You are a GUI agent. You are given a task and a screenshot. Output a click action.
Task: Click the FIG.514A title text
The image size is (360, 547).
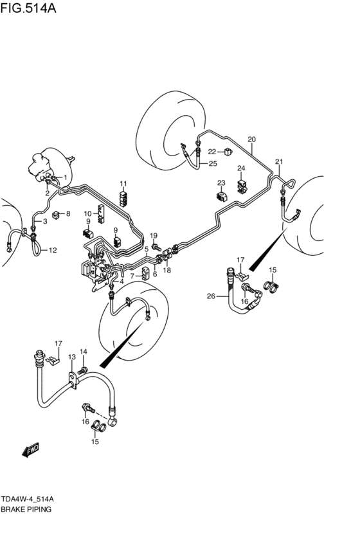(x=28, y=8)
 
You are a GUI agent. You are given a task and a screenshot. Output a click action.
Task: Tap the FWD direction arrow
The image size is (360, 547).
(x=30, y=450)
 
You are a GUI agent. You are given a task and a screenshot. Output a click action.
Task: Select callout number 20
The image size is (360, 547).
(x=251, y=139)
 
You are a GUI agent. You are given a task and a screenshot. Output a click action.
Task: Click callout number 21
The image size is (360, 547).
(x=279, y=161)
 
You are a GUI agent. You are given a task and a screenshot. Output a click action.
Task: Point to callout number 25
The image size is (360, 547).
(x=213, y=163)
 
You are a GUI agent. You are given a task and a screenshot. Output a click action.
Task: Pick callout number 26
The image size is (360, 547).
(x=211, y=296)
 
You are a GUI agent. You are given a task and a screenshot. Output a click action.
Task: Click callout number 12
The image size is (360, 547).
(x=53, y=250)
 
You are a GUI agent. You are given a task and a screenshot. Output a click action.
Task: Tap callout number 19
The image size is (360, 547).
(x=154, y=236)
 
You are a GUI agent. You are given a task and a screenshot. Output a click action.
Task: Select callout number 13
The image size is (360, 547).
(x=71, y=357)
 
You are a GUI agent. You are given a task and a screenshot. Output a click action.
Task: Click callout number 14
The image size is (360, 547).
(x=84, y=352)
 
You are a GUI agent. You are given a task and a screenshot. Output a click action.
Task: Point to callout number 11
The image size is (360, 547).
(x=123, y=183)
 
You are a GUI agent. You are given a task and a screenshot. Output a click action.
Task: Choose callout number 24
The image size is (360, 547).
(x=242, y=168)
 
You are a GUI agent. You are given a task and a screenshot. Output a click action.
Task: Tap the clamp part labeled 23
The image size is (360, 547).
(x=222, y=196)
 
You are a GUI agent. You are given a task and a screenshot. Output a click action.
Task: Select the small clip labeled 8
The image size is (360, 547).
(x=56, y=215)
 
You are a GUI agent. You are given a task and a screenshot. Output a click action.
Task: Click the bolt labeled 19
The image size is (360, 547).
(x=156, y=247)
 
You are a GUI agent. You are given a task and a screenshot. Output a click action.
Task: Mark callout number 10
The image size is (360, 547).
(x=87, y=213)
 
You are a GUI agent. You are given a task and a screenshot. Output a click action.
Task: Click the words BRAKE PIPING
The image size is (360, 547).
(x=26, y=509)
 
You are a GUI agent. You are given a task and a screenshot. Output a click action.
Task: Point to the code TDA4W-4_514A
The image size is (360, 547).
(x=27, y=499)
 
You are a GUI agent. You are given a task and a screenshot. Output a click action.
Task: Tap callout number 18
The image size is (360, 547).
(x=167, y=270)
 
